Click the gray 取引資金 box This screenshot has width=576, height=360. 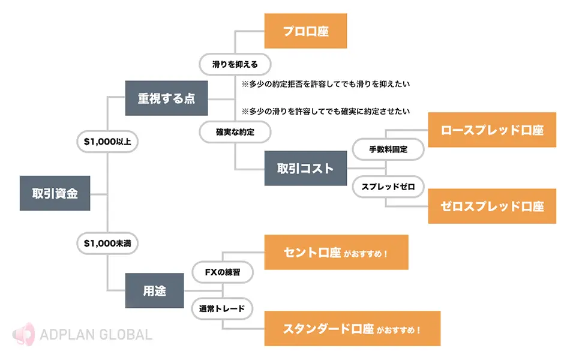click(x=55, y=193)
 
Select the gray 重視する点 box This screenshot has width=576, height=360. click(x=166, y=98)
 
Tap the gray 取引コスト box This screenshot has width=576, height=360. click(x=305, y=168)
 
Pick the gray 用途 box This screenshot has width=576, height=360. click(x=154, y=290)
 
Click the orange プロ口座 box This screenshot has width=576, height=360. click(x=305, y=31)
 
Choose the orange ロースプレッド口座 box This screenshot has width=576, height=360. click(x=492, y=130)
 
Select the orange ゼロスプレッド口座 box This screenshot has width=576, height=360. click(x=492, y=206)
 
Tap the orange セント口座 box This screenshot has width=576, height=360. click(x=337, y=253)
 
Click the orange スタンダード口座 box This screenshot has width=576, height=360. click(x=352, y=328)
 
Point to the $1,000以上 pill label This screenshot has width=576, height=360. click(x=107, y=142)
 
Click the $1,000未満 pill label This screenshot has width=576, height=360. click(x=107, y=243)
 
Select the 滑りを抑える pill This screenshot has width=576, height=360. click(x=235, y=64)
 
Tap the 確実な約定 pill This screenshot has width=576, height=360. click(x=235, y=132)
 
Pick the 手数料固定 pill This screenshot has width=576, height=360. click(x=388, y=149)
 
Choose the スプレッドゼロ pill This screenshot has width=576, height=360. click(x=388, y=187)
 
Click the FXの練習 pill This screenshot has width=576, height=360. click(x=223, y=272)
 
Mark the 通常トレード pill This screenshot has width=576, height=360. click(x=222, y=308)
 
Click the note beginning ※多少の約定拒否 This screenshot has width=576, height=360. click(x=325, y=84)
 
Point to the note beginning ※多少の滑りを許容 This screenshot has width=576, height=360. click(x=325, y=112)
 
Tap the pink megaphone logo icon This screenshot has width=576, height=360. click(x=24, y=334)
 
